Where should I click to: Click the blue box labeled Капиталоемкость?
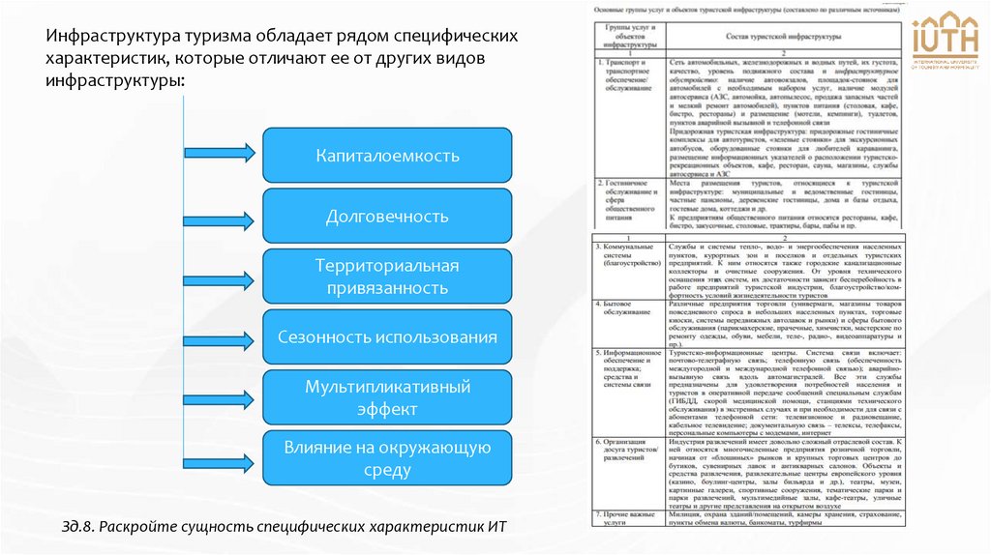(x=387, y=155)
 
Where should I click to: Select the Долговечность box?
(x=387, y=216)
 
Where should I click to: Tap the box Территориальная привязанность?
(x=387, y=277)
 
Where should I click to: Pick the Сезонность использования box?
(x=387, y=337)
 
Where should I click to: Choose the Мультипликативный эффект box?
(x=387, y=397)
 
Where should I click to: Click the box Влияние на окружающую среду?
(x=387, y=458)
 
